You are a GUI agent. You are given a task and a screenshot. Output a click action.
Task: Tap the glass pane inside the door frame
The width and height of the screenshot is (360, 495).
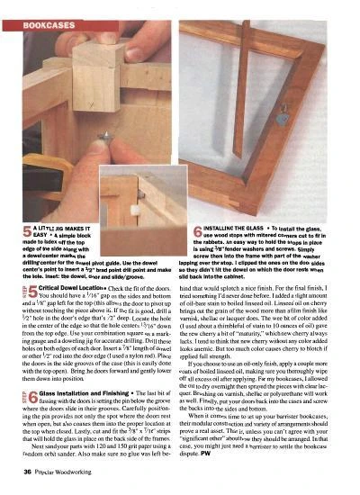coord(270,117)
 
